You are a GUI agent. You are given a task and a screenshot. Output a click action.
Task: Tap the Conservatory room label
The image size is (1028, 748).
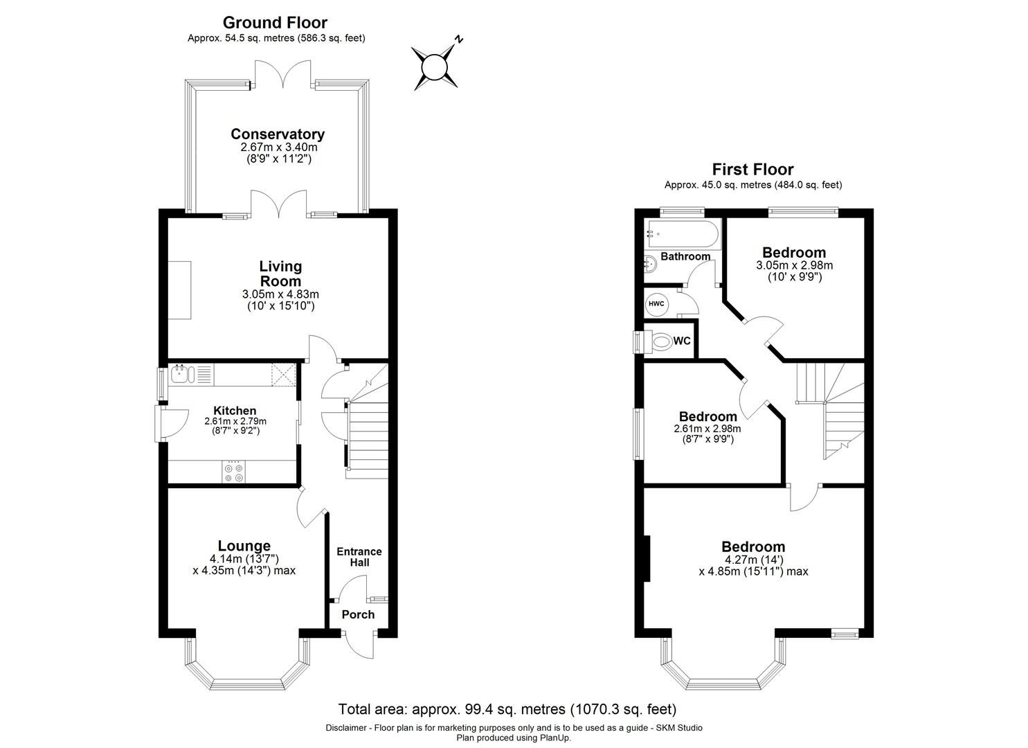coord(278,134)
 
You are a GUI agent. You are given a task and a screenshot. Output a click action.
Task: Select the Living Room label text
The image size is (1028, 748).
coord(280,274)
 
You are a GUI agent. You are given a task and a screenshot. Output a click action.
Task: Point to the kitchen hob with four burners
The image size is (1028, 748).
coord(234,472)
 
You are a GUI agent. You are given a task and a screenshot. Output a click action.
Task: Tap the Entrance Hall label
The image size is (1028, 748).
coord(359,557)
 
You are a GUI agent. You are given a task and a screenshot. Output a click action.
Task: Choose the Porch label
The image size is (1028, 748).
coord(358,614)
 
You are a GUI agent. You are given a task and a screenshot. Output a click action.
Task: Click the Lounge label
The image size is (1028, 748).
coord(244,546)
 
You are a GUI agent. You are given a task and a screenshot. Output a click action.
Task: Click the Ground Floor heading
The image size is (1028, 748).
coord(275,23)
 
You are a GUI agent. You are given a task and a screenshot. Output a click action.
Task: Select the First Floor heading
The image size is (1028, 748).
coord(752,169)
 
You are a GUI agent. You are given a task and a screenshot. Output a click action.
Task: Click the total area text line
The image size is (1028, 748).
coord(507,709)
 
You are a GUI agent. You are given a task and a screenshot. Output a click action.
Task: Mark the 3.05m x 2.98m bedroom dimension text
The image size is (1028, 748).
coord(794,265)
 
